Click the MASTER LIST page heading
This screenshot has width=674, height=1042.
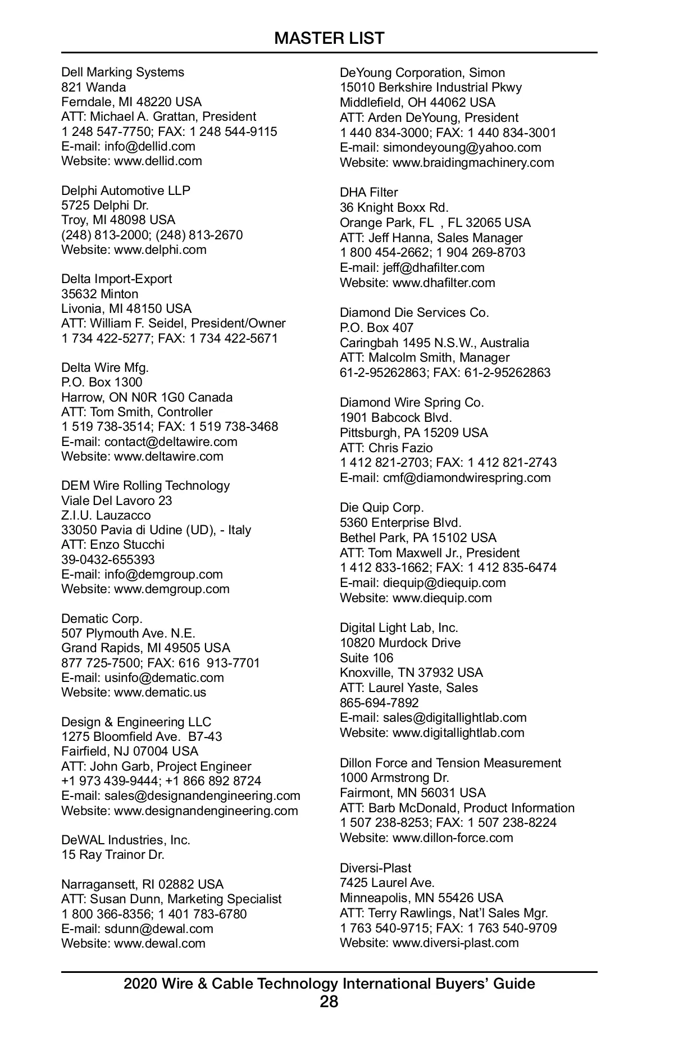(329, 38)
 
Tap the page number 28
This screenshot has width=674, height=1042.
(329, 1002)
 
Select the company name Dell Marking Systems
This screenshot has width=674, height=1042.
(122, 72)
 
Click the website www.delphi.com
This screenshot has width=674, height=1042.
(160, 249)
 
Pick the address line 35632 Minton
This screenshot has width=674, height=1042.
(99, 294)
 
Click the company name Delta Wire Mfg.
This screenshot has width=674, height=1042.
(105, 367)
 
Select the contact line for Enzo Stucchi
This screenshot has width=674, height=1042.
(113, 544)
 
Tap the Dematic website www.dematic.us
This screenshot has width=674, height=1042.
(160, 692)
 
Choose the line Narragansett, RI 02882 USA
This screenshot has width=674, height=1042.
(142, 884)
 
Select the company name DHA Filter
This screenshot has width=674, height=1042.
(368, 192)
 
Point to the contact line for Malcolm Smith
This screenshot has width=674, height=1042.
(425, 357)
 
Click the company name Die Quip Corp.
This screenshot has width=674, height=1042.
(382, 507)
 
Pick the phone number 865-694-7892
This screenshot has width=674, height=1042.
(379, 703)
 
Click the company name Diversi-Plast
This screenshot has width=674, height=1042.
(375, 868)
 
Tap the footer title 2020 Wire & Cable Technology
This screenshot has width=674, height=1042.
(329, 984)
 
